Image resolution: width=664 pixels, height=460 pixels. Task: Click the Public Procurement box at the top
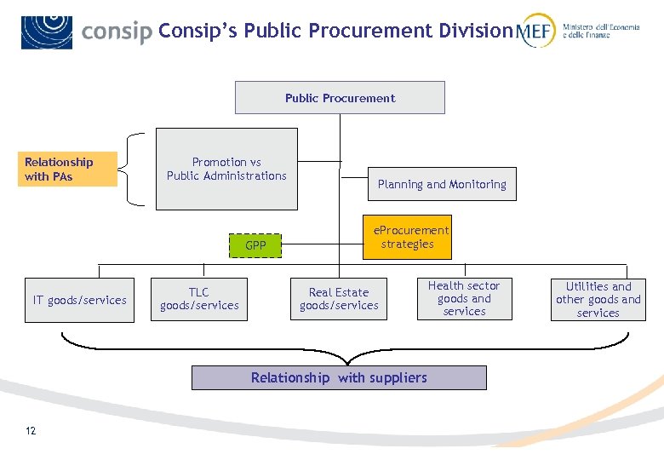pos(340,98)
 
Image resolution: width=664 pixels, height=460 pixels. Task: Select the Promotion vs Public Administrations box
pos(226,169)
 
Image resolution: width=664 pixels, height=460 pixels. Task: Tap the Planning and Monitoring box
pos(442,184)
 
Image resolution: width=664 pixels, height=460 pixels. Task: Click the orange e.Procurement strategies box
pos(407,237)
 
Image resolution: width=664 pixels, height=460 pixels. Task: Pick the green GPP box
pos(255,245)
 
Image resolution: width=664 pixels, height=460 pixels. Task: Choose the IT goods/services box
pos(79,300)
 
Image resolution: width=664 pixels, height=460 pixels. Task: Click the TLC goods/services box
pos(199,299)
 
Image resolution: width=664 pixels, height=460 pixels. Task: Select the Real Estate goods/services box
pos(339,299)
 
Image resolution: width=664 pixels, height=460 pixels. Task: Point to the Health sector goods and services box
pos(464,299)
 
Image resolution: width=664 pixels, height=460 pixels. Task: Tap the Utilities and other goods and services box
pos(598,300)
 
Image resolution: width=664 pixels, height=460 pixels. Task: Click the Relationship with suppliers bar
pos(339,377)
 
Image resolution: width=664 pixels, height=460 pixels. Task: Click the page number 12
pos(31,431)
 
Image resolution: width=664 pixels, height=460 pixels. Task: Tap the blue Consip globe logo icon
pos(47,32)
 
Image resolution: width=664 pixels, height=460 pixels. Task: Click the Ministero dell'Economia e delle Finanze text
pos(600,32)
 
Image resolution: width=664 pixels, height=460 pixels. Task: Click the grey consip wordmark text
pos(117,32)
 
